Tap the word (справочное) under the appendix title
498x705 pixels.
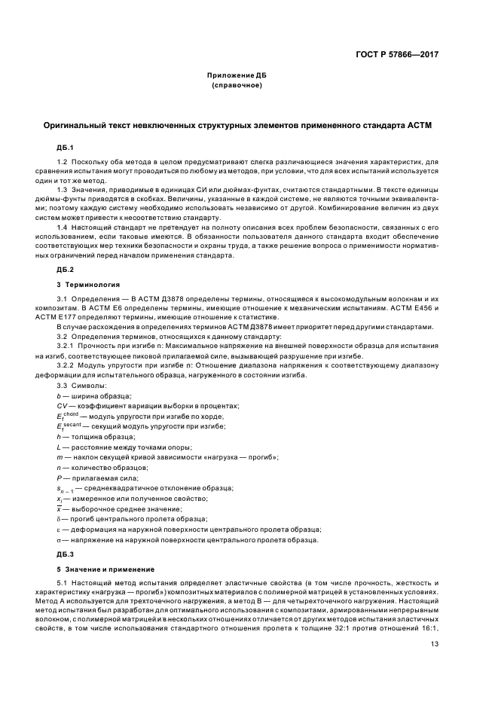237,87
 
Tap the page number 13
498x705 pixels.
435,644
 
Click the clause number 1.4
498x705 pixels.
63,227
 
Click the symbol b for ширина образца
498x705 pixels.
59,395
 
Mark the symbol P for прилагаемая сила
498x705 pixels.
59,478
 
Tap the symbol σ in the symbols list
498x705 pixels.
59,539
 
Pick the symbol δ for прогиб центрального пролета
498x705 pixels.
59,519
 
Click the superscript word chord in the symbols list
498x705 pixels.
70,414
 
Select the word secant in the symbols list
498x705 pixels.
72,425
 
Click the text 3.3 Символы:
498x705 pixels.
78,386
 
